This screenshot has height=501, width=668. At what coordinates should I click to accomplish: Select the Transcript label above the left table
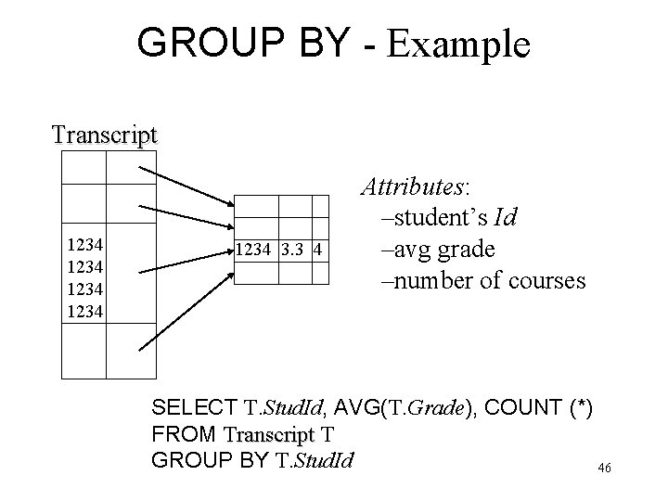(105, 135)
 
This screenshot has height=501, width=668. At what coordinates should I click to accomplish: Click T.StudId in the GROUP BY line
(311, 459)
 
